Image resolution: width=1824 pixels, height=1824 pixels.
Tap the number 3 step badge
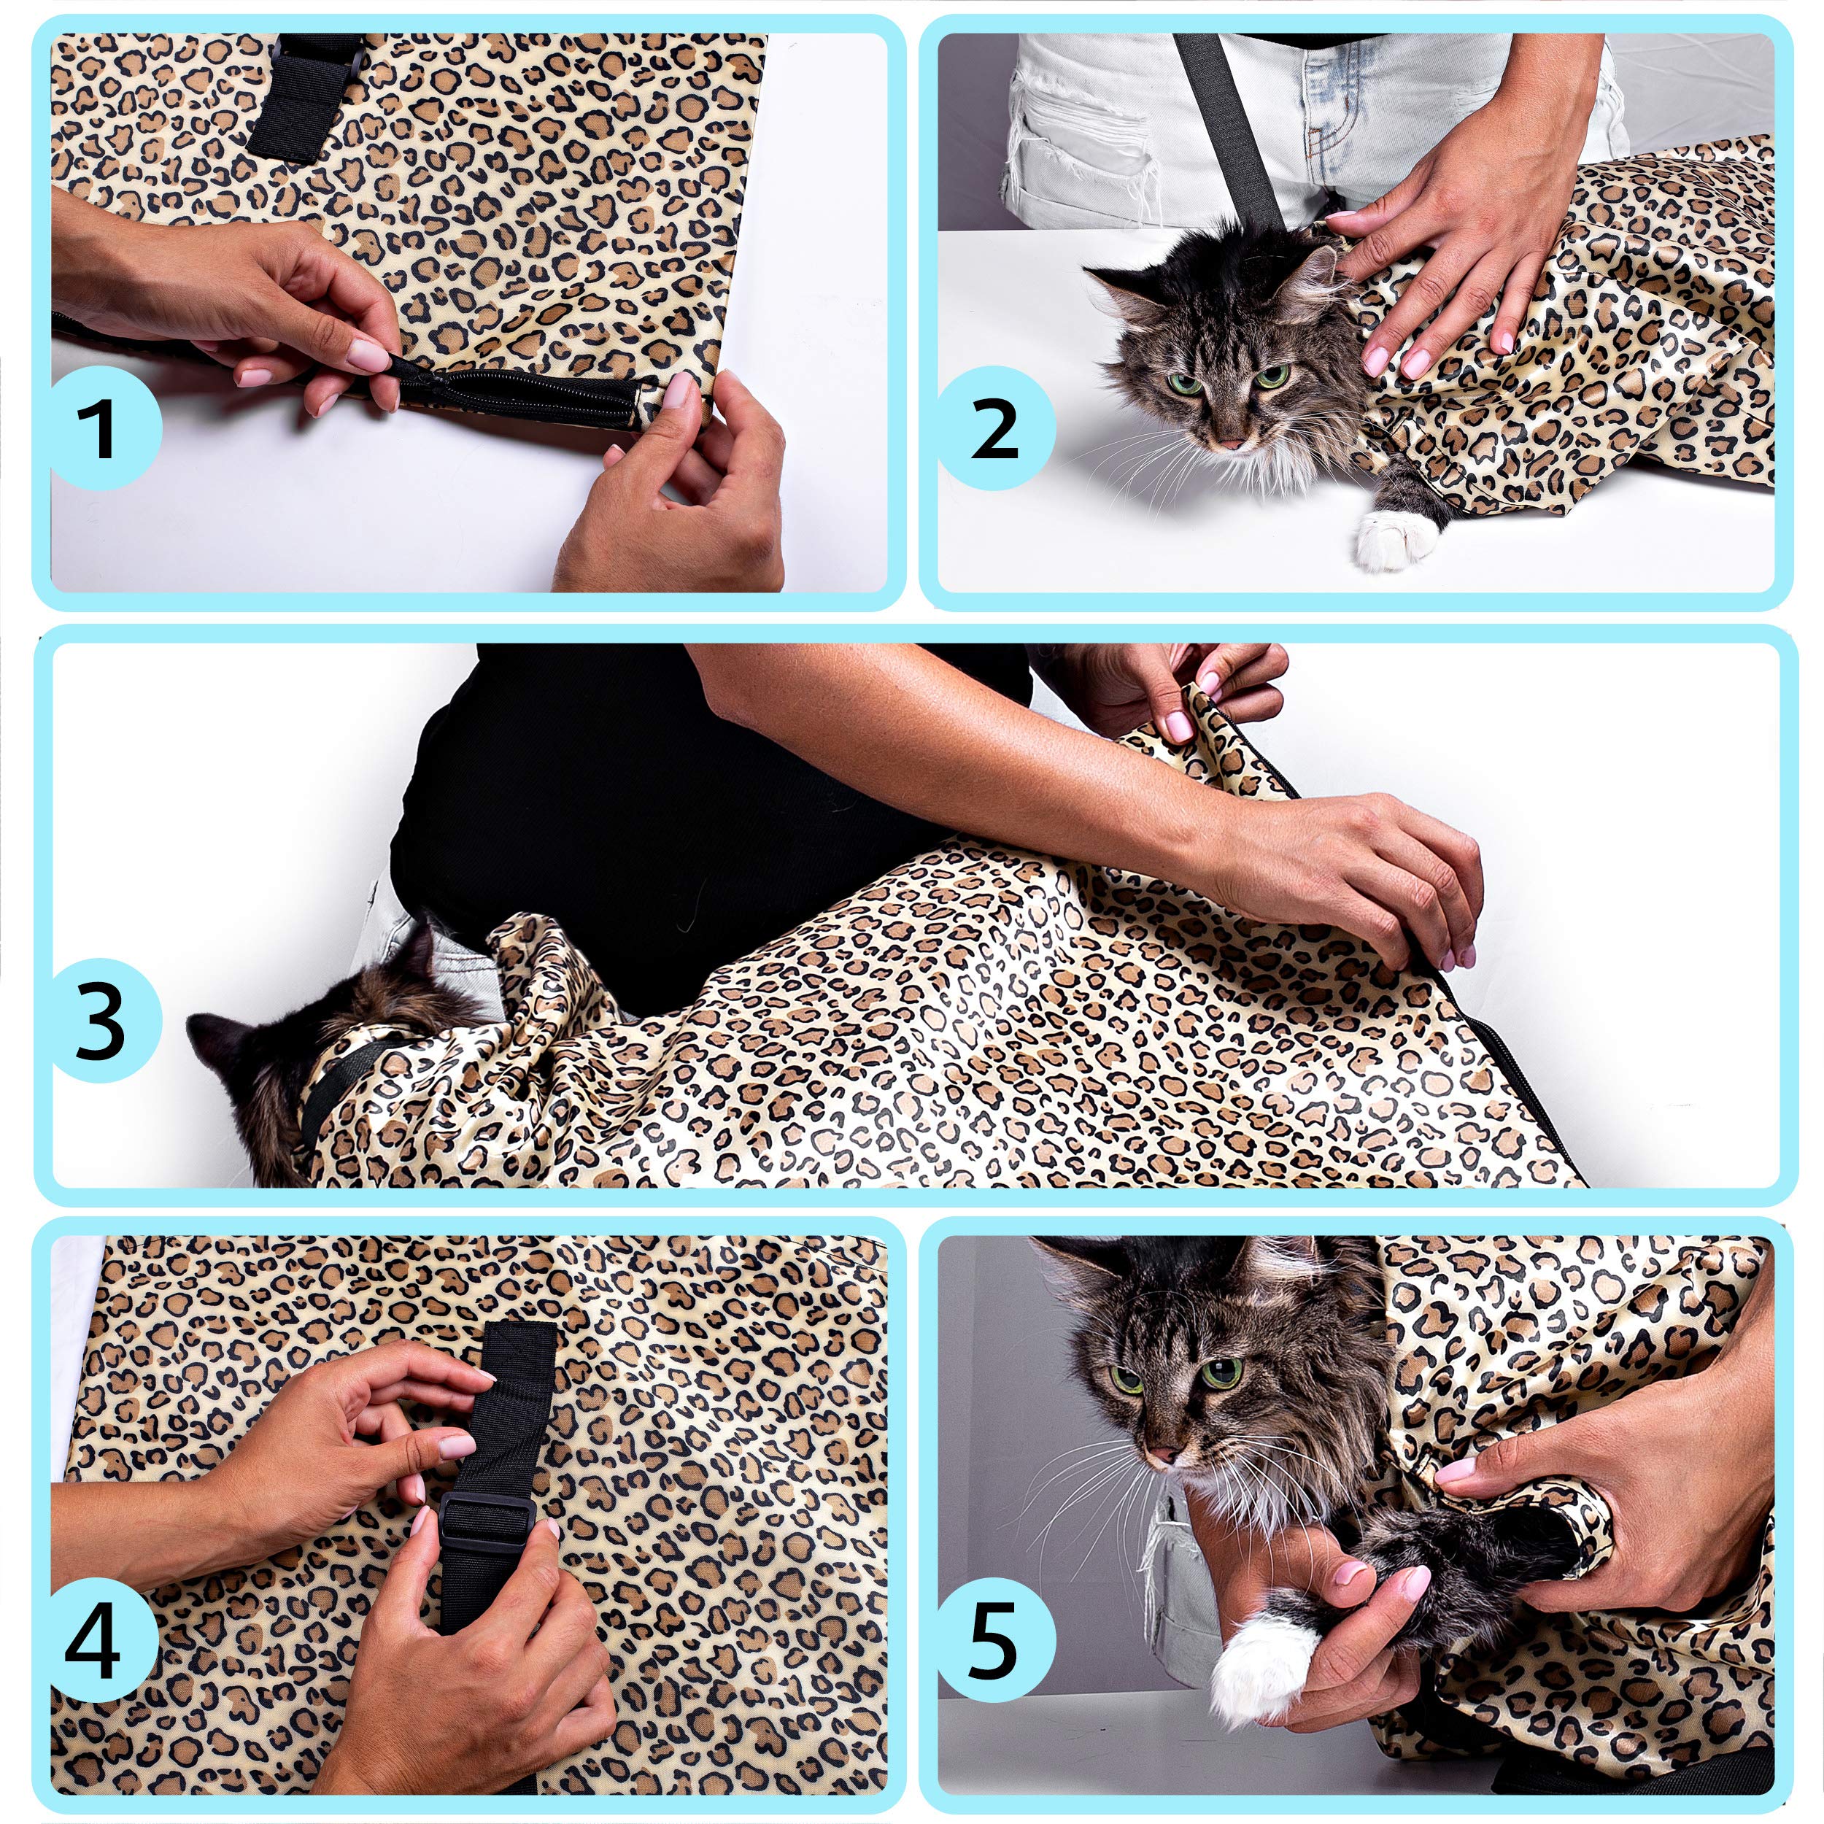pyautogui.click(x=101, y=1021)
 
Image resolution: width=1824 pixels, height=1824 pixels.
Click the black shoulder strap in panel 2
pyautogui.click(x=1227, y=123)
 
